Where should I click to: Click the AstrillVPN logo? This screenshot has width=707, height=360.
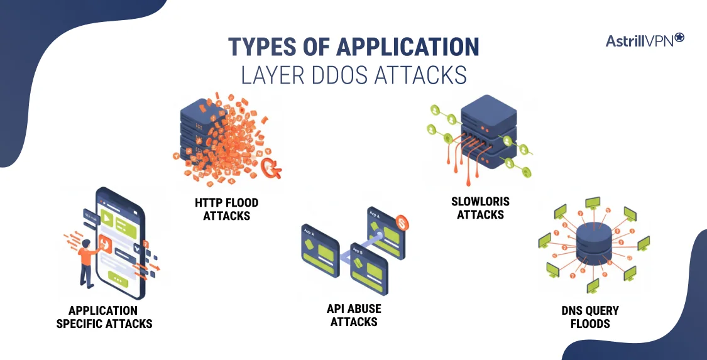click(x=644, y=41)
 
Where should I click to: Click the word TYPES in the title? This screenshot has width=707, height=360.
click(x=261, y=48)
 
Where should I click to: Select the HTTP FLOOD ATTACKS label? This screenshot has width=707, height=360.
click(x=227, y=209)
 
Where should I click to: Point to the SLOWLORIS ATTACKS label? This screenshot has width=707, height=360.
click(x=480, y=208)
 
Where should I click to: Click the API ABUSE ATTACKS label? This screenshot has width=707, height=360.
click(x=353, y=315)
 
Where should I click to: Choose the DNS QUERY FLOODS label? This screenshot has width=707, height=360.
click(x=590, y=317)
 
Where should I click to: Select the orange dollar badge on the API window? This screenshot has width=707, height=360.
click(x=402, y=223)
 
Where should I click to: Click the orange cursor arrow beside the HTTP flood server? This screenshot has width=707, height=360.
click(x=272, y=166)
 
